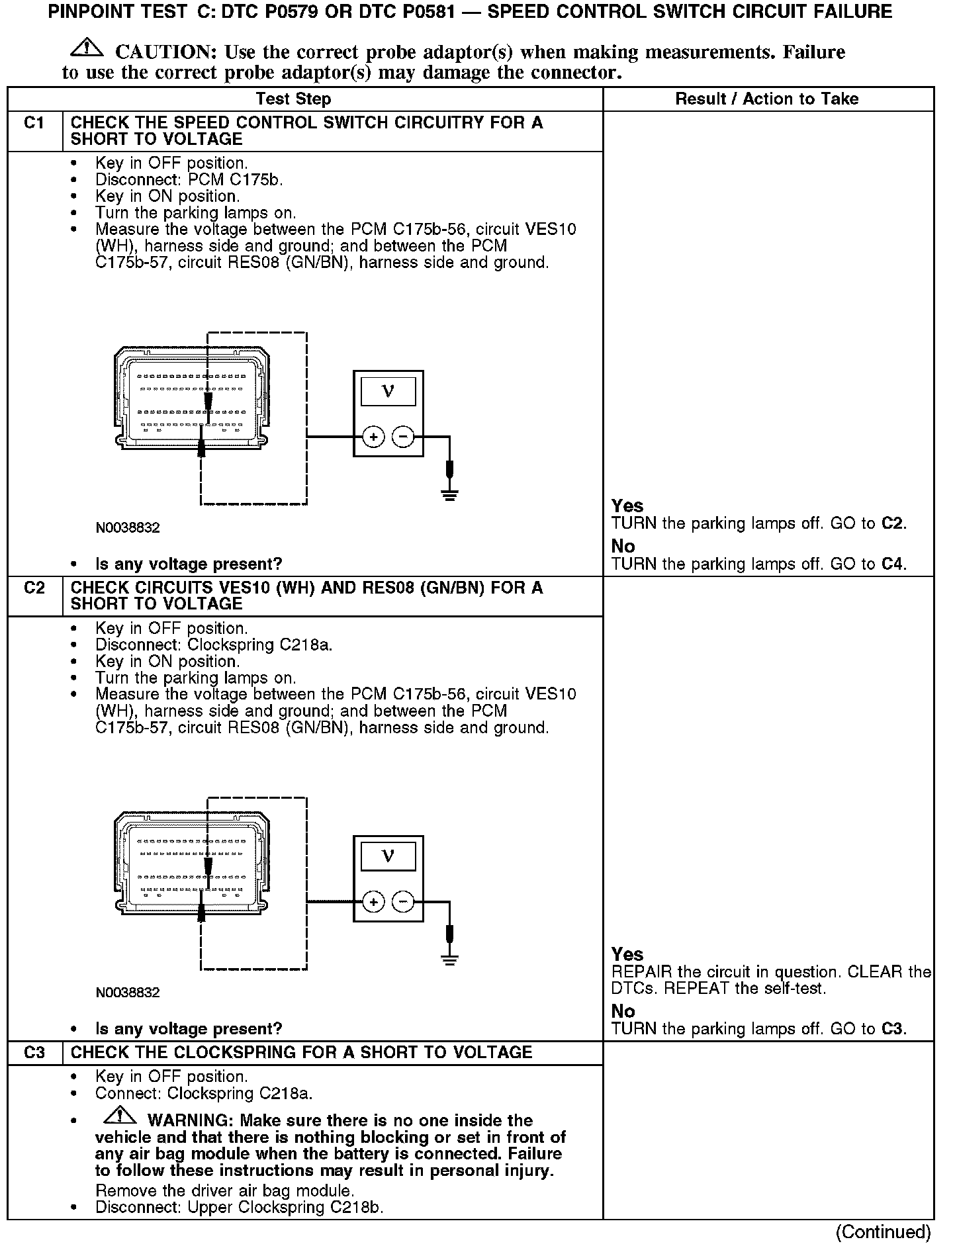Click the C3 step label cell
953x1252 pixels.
click(x=34, y=1052)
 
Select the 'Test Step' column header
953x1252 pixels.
click(x=293, y=99)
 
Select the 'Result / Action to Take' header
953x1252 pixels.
click(x=767, y=99)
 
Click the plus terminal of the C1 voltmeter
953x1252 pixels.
click(x=374, y=437)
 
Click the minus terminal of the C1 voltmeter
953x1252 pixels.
click(x=403, y=437)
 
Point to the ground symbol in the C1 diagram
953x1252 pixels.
click(x=450, y=494)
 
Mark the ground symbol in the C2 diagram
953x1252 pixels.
click(x=450, y=960)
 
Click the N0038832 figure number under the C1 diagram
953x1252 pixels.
click(x=128, y=528)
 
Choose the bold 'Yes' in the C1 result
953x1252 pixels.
click(x=627, y=506)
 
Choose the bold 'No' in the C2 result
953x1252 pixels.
click(x=623, y=1011)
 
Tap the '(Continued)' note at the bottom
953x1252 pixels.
click(x=883, y=1232)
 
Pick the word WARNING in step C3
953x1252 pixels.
click(x=189, y=1120)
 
